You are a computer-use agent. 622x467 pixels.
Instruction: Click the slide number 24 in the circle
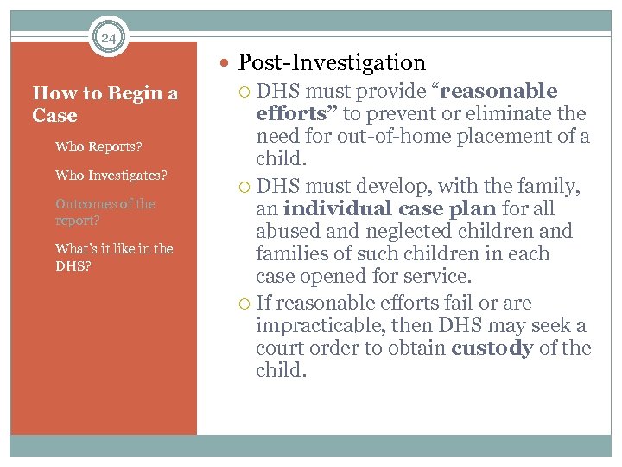[108, 37]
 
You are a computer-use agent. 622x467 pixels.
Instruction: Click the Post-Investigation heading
[332, 62]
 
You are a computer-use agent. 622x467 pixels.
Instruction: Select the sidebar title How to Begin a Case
[105, 104]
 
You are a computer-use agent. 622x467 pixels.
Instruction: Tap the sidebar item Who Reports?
[98, 147]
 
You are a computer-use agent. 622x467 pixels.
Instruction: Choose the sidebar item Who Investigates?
[111, 175]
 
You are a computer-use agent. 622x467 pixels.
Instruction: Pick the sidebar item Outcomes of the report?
[105, 212]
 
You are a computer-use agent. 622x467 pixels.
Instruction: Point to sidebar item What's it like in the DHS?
[114, 257]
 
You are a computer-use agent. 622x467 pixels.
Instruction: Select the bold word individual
[338, 208]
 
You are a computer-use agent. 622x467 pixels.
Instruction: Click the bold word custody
[492, 348]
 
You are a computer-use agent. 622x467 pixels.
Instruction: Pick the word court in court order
[282, 348]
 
